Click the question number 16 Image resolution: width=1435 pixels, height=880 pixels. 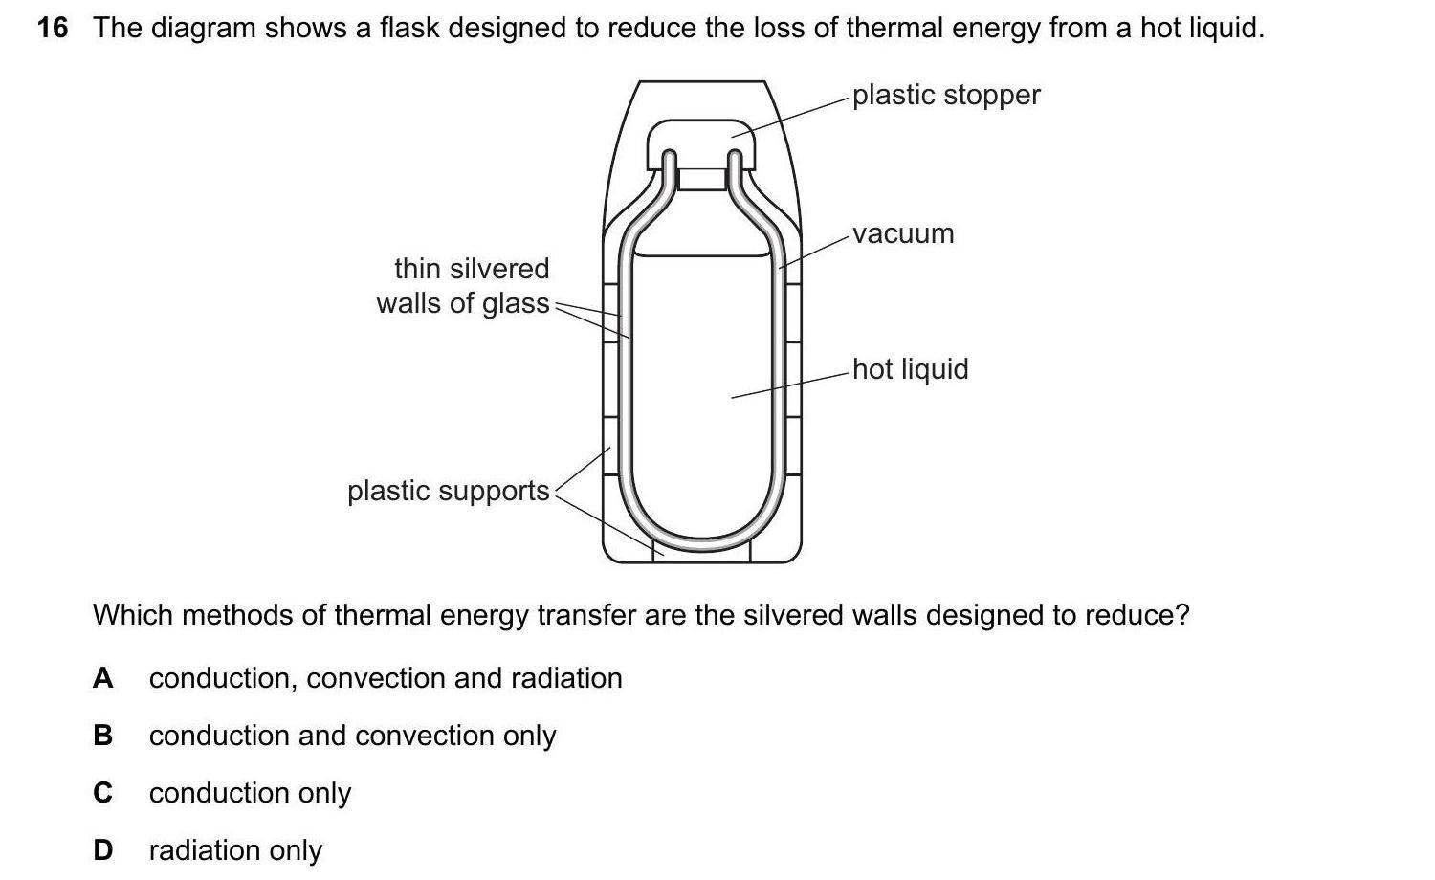[53, 28]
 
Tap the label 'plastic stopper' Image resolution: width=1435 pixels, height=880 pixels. [945, 95]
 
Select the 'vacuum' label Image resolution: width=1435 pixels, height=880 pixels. [903, 233]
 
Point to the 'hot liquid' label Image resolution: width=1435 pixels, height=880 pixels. [910, 369]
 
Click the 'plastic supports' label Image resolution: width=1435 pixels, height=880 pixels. [448, 491]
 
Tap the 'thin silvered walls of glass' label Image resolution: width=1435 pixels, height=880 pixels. [465, 286]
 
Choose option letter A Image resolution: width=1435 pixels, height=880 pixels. [102, 678]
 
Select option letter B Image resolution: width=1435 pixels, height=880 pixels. [102, 736]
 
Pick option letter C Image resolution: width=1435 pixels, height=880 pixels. [102, 793]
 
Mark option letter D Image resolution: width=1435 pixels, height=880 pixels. [102, 850]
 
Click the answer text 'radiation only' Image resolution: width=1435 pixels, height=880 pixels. [235, 850]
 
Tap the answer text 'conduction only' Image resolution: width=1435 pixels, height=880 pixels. [250, 793]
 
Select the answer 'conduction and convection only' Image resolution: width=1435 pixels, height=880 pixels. [352, 736]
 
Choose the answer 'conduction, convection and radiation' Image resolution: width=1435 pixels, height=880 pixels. [386, 678]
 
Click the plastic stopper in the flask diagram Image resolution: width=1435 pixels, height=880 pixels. [701, 139]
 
